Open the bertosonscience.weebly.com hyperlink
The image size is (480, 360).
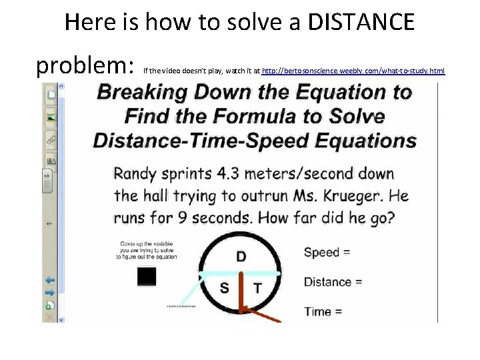[x=353, y=70]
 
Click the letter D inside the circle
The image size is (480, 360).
[x=241, y=257]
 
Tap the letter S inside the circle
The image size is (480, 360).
[x=225, y=288]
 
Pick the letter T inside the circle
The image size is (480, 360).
[x=257, y=288]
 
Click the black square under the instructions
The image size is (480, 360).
[x=147, y=276]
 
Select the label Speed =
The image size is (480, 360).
[x=327, y=253]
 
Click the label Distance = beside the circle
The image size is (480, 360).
[x=333, y=282]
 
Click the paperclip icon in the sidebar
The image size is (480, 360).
[x=51, y=139]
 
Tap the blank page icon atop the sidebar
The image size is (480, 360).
[x=51, y=95]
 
